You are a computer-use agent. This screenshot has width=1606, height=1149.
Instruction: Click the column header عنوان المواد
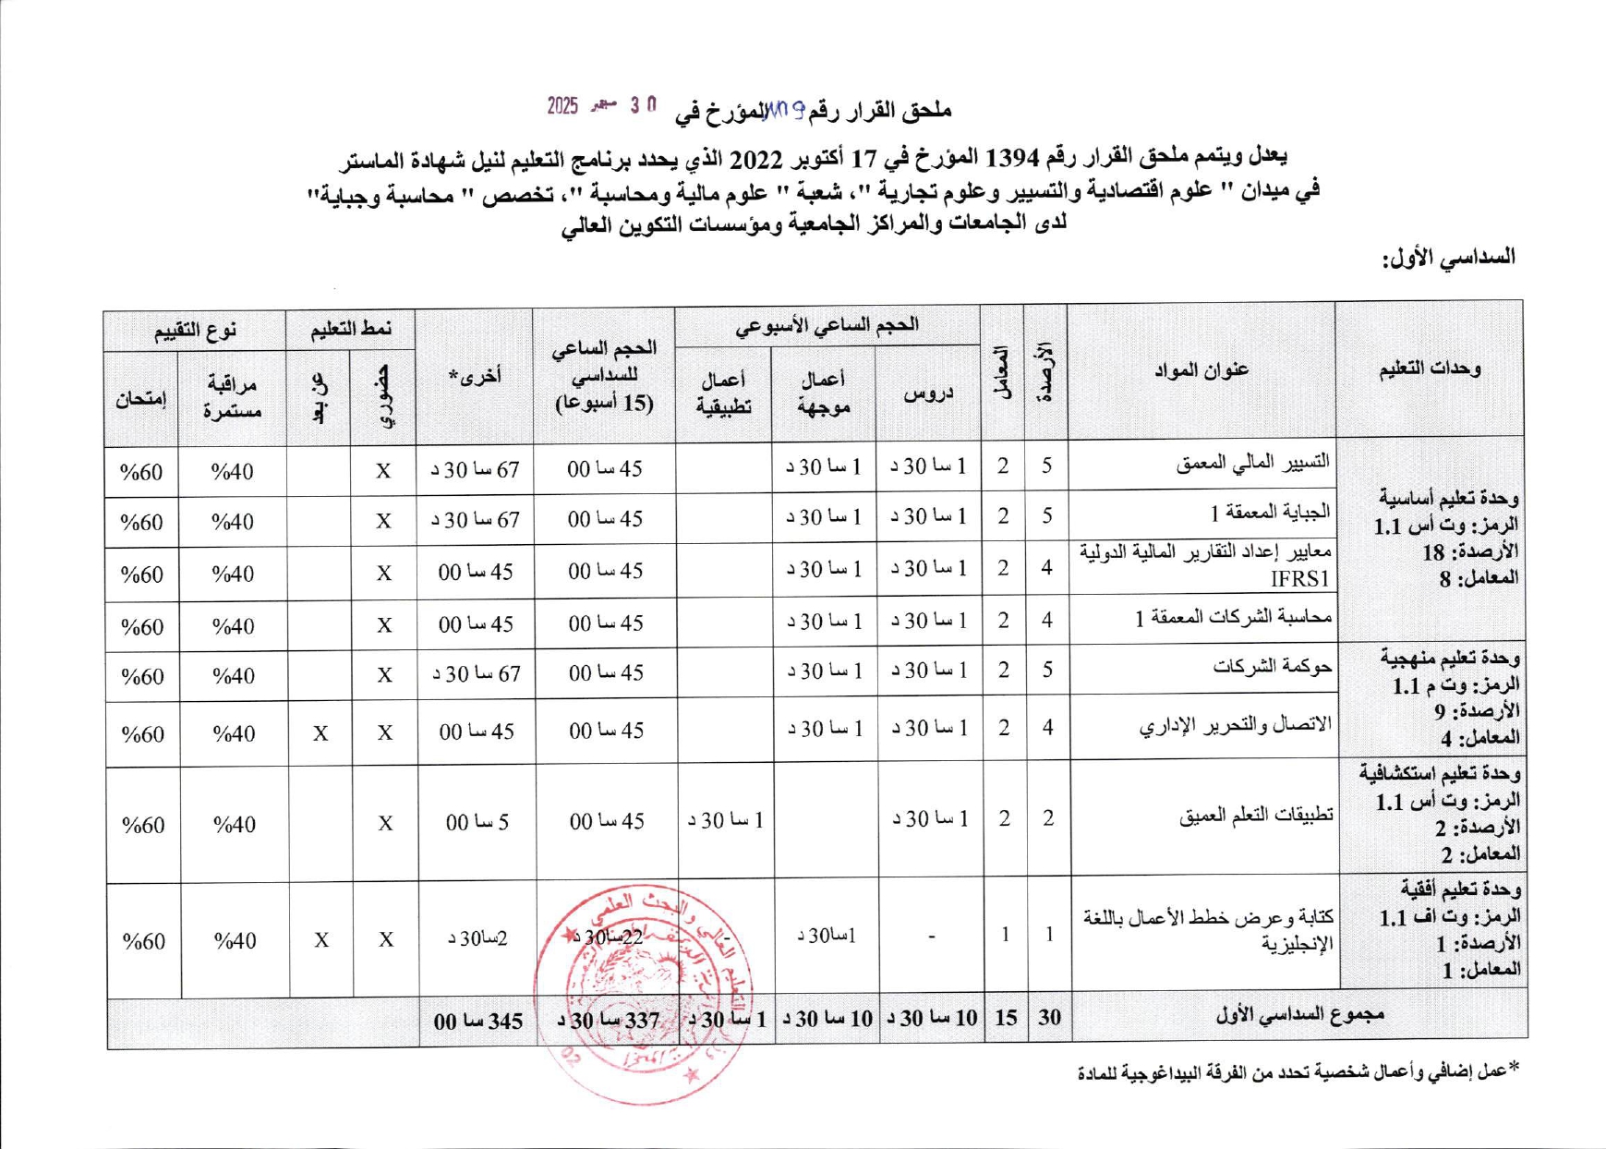pos(1201,370)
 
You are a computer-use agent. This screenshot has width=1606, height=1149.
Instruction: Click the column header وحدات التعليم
pos(1429,369)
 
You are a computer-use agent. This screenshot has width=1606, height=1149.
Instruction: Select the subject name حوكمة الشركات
pos(1273,667)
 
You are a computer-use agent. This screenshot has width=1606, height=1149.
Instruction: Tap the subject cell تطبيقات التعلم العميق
pos(1256,816)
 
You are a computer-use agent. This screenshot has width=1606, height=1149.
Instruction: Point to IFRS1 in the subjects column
pos(1300,579)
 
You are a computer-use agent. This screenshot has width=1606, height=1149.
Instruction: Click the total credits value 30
pos(1049,1018)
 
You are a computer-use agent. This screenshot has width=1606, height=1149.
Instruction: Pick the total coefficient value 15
pos(1006,1018)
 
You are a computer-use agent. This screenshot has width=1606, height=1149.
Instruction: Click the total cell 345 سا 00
pos(478,1021)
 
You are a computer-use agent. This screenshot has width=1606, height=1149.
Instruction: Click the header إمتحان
pos(141,399)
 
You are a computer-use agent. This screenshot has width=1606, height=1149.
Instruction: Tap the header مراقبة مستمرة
pos(233,398)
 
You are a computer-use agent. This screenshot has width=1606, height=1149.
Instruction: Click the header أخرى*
pos(474,375)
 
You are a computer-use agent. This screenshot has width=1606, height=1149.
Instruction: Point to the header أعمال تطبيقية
pos(723,393)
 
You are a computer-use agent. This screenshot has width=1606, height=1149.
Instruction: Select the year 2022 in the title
pos(757,159)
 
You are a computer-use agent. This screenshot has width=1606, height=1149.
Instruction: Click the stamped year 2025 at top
pos(561,105)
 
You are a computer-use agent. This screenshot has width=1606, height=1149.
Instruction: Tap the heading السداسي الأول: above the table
pos(1448,258)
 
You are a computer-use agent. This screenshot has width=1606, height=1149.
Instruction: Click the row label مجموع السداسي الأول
pos(1300,1015)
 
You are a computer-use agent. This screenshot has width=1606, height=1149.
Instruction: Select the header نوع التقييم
pos(195,330)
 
